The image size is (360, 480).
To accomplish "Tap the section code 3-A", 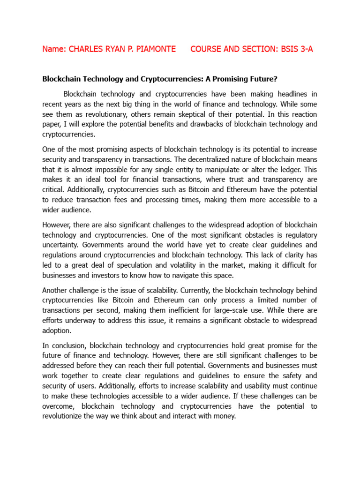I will coord(304,49).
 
